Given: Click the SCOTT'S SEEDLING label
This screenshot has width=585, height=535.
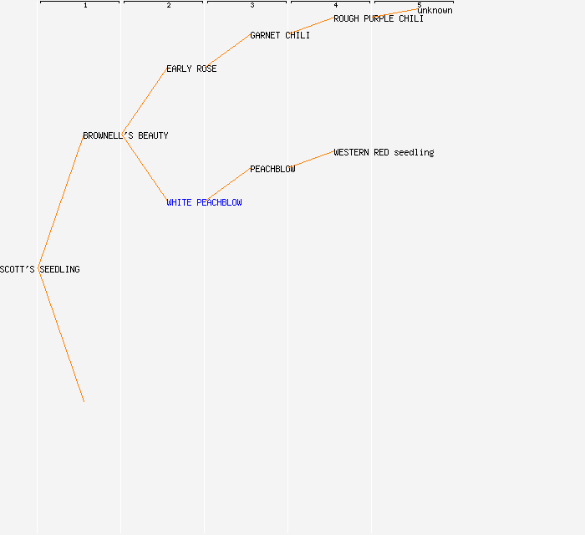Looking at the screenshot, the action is click(40, 269).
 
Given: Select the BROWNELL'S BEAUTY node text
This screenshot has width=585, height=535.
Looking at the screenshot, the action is click(125, 135).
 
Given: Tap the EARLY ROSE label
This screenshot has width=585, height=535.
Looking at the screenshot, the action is click(191, 69).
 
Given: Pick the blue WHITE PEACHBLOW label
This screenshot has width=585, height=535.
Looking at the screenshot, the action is click(204, 202).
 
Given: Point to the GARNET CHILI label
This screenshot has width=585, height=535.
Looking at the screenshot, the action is click(280, 35).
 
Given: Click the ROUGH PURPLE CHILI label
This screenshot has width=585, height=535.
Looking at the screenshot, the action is click(379, 18).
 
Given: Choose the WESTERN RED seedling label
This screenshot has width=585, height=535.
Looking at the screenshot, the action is click(384, 152).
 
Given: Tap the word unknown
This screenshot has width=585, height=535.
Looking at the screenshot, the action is click(435, 10).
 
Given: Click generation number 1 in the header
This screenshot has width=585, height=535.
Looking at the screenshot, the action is click(85, 5).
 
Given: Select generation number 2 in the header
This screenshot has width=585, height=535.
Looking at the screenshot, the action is click(169, 5).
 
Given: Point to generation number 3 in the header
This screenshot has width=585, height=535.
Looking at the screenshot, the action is click(252, 5).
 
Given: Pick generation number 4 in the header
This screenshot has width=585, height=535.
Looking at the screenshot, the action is click(336, 5).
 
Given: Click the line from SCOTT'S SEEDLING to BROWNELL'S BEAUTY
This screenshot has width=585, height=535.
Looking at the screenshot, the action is click(61, 202).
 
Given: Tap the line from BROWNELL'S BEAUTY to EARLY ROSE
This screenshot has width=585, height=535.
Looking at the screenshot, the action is click(145, 102).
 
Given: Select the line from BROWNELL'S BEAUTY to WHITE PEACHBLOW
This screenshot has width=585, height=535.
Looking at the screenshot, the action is click(145, 169).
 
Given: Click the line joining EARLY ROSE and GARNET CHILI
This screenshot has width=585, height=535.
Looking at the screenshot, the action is click(228, 52).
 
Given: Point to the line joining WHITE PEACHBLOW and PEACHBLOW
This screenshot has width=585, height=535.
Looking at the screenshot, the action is click(228, 186).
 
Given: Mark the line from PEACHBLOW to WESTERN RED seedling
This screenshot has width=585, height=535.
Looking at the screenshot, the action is click(312, 160).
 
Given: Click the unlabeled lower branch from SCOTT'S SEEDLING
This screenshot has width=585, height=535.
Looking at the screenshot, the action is click(61, 336).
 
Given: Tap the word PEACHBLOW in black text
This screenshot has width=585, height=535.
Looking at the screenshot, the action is click(272, 169).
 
